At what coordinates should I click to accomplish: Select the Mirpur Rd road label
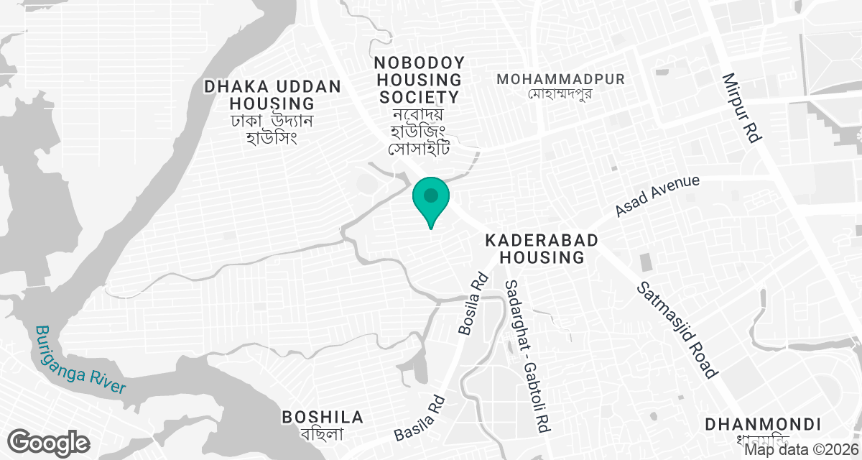tap(741, 108)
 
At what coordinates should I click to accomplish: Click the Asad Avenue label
tap(657, 195)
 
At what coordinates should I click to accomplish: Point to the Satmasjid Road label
tap(677, 330)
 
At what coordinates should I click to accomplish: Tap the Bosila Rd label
tap(473, 303)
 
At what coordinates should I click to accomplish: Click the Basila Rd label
tap(421, 419)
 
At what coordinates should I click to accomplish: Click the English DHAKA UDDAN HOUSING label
tap(272, 95)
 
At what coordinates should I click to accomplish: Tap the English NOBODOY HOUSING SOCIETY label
tap(419, 79)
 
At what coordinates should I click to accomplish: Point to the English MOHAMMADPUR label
tap(561, 78)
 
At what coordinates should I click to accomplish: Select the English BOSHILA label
tap(323, 417)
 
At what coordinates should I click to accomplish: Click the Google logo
tap(49, 442)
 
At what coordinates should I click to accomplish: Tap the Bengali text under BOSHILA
tap(323, 434)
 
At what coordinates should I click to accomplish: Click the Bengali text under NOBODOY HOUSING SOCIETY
tap(419, 132)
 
